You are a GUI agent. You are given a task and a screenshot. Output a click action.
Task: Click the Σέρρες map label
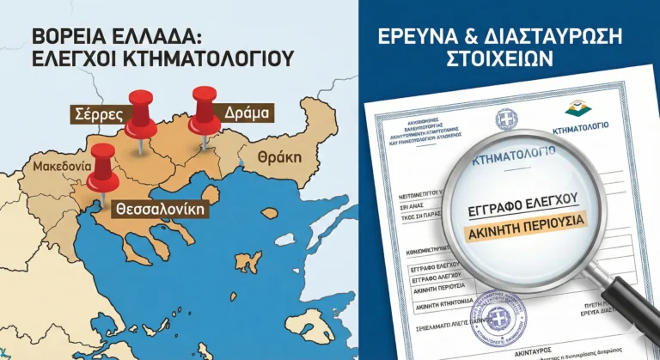(98, 114)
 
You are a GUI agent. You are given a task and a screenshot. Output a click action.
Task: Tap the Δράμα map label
(246, 113)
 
